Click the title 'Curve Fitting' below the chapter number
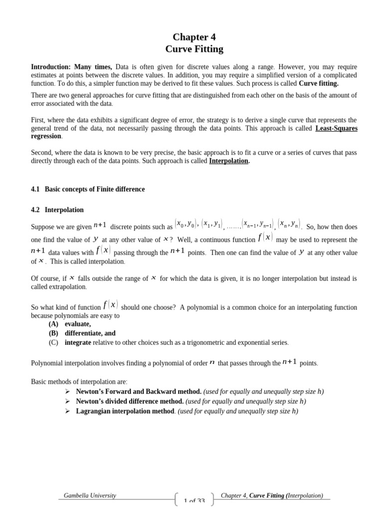coord(194,49)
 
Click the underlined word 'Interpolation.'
coord(229,161)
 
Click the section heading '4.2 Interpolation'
coord(57,210)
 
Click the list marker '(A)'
coord(53,324)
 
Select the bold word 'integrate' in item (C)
coord(78,342)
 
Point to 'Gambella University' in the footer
coord(90,496)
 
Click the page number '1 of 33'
coord(194,501)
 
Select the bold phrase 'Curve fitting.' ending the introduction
coord(318,83)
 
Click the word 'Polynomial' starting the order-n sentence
coord(47,363)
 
